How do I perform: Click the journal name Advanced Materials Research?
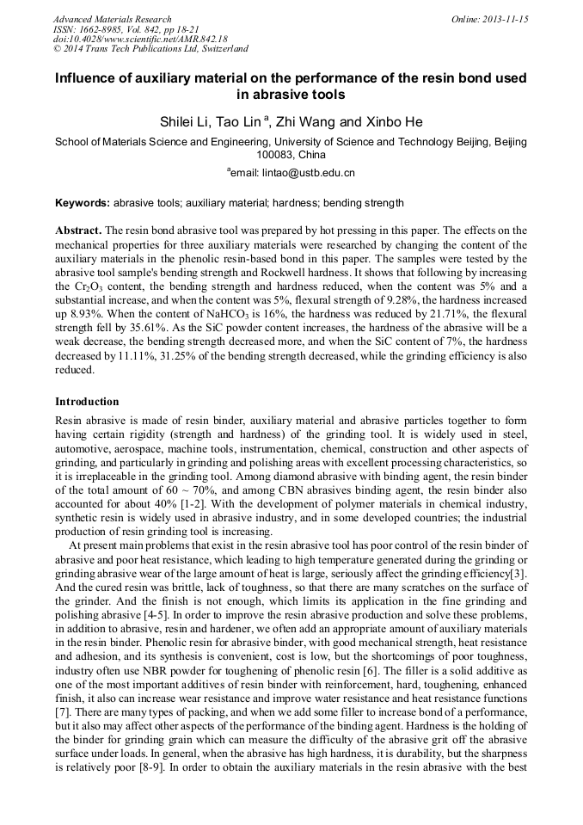[x=112, y=19]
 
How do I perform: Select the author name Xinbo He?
[x=392, y=122]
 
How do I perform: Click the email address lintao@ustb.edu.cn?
[x=309, y=172]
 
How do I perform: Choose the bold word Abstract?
[x=78, y=232]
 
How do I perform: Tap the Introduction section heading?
[x=87, y=402]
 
